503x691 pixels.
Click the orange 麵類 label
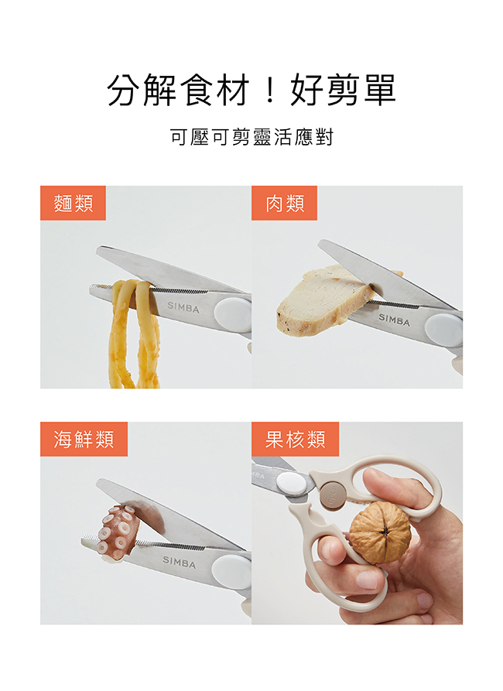73,203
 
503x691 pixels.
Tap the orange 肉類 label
284,203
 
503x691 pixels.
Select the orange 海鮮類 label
84,439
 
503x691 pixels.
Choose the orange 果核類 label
296,439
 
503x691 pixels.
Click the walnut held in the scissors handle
380,532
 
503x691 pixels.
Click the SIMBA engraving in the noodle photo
183,308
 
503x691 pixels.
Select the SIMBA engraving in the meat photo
395,320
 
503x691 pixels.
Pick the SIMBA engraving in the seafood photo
179,562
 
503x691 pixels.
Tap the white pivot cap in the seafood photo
231,572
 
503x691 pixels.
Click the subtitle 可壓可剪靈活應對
251,137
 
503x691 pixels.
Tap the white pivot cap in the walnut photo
292,484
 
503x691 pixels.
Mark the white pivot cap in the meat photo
443,330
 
